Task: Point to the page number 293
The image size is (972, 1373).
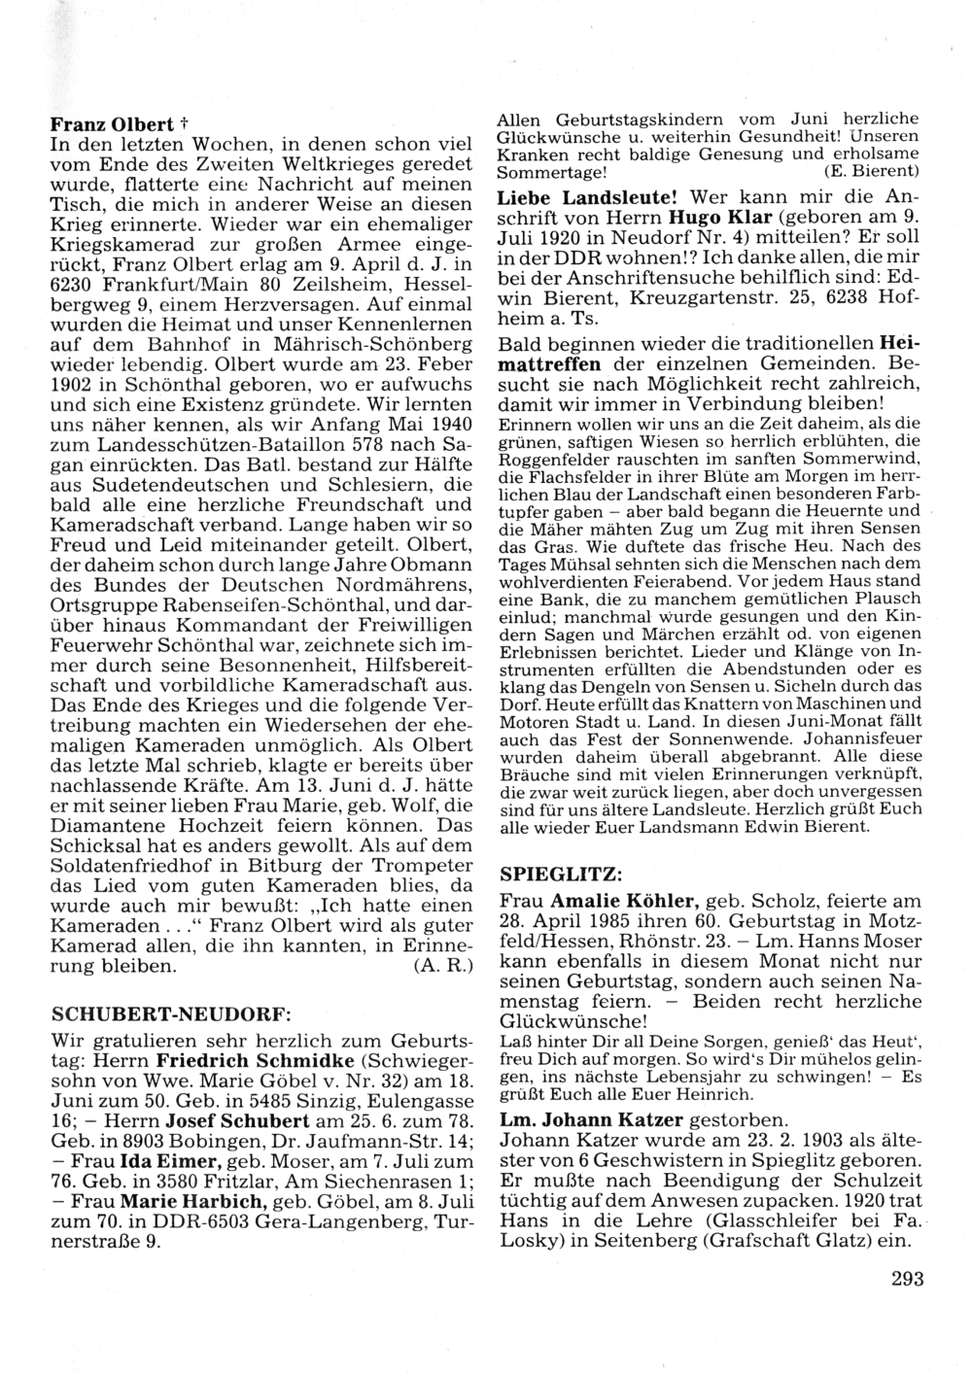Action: click(906, 1279)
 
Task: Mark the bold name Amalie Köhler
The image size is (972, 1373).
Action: click(625, 899)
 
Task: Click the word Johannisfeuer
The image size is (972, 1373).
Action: click(854, 739)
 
